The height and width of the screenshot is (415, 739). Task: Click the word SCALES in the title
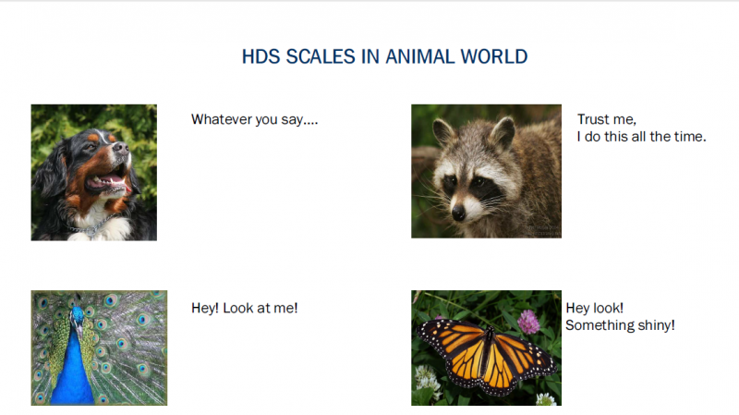coord(321,56)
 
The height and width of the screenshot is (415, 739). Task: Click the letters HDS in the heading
coord(260,56)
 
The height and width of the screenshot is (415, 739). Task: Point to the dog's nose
coord(122,148)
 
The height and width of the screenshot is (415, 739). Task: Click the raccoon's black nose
coord(458,214)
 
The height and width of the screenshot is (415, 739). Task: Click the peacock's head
coord(77,316)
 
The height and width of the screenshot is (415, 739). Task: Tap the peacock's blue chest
coord(74,372)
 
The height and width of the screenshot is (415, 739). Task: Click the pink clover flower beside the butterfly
coord(528,322)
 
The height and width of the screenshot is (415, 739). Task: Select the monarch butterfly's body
coord(487,350)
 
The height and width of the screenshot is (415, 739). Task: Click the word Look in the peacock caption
coord(238,308)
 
